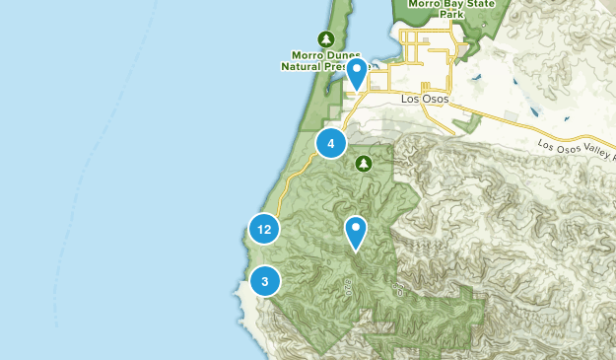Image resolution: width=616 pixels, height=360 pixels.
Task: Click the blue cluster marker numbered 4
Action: pyautogui.click(x=331, y=144)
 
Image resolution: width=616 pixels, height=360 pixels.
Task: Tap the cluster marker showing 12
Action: pyautogui.click(x=263, y=230)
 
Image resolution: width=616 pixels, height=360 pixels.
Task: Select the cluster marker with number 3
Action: pyautogui.click(x=264, y=281)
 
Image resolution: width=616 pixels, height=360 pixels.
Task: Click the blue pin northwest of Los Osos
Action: pyautogui.click(x=357, y=72)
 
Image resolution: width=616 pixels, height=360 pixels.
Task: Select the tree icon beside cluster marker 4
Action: pyautogui.click(x=364, y=163)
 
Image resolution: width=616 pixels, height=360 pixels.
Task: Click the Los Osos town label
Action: pyautogui.click(x=425, y=100)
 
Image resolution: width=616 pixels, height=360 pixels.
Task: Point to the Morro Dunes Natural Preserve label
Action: pyautogui.click(x=325, y=61)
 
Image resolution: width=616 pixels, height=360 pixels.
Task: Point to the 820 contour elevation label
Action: pyautogui.click(x=349, y=287)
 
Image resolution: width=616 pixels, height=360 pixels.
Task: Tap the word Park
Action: pyautogui.click(x=450, y=15)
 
